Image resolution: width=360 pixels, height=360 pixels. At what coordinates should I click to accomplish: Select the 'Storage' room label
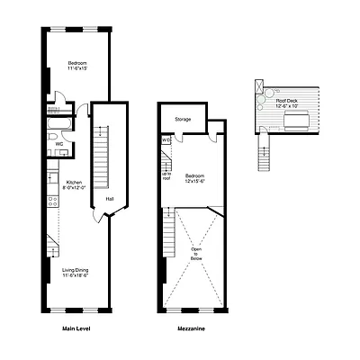182,119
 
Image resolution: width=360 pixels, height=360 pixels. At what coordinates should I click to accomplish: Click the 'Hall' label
109,199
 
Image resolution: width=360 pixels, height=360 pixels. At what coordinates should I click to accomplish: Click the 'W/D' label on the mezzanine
166,140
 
